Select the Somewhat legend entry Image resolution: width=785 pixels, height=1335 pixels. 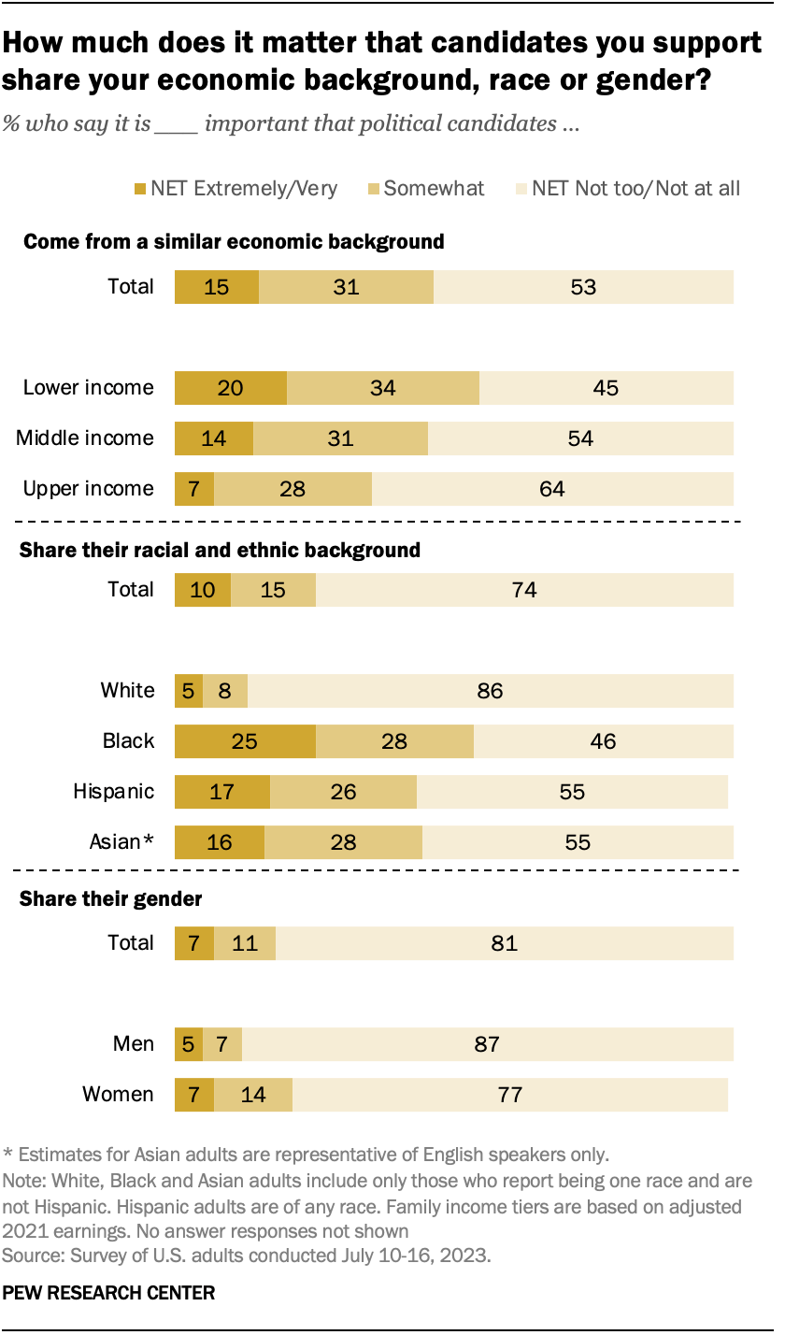(434, 189)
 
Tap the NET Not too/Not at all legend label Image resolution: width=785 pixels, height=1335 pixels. (635, 189)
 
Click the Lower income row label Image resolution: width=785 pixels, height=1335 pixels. (88, 387)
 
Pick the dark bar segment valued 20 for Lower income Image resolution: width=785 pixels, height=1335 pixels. (230, 387)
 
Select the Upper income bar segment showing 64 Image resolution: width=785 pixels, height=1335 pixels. (552, 488)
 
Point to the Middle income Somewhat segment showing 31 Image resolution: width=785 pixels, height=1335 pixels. (340, 438)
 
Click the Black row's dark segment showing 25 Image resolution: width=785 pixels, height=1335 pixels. (245, 740)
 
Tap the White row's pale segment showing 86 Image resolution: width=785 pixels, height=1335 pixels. (490, 690)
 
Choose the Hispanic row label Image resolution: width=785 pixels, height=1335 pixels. (113, 791)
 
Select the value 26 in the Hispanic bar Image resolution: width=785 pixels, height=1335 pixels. (343, 791)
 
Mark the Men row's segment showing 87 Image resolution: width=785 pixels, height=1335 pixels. (487, 1043)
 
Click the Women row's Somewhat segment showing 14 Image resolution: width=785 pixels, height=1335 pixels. (252, 1094)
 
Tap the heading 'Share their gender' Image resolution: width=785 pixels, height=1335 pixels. (111, 899)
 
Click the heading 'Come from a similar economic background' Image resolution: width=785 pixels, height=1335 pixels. (233, 241)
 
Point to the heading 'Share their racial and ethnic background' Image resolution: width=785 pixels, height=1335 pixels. (220, 550)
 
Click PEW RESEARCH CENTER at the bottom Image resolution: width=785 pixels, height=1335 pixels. (109, 1293)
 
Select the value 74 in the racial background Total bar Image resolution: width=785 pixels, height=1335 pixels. (524, 589)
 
